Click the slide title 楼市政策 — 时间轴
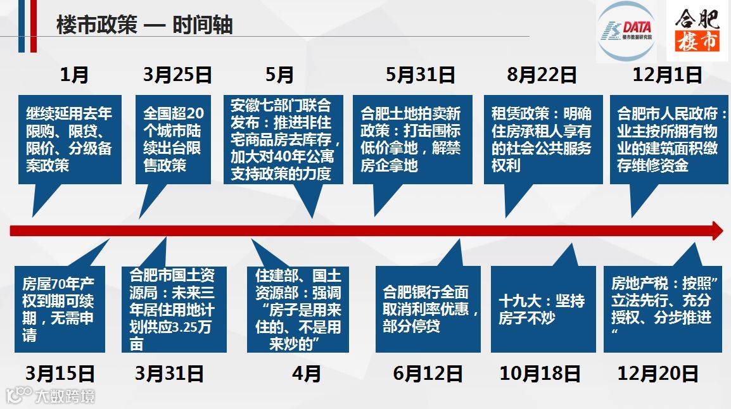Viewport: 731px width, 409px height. click(x=144, y=25)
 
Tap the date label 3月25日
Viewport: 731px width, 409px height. click(x=177, y=75)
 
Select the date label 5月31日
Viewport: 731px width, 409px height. click(x=421, y=75)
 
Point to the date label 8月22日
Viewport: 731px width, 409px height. click(x=542, y=75)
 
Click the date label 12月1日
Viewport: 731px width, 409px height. click(x=668, y=75)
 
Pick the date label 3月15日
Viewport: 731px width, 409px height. click(x=60, y=374)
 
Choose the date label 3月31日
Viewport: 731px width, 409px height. click(x=169, y=374)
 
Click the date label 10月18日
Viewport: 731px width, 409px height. click(x=540, y=374)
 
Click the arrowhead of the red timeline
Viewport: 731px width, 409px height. click(x=717, y=230)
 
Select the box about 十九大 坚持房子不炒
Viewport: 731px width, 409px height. click(x=543, y=309)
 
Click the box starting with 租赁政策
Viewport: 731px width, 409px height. click(x=543, y=139)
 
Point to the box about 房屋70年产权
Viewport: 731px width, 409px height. click(x=60, y=309)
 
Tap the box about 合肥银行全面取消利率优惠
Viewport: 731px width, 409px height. click(x=428, y=309)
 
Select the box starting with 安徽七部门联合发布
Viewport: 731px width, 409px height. click(x=283, y=139)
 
